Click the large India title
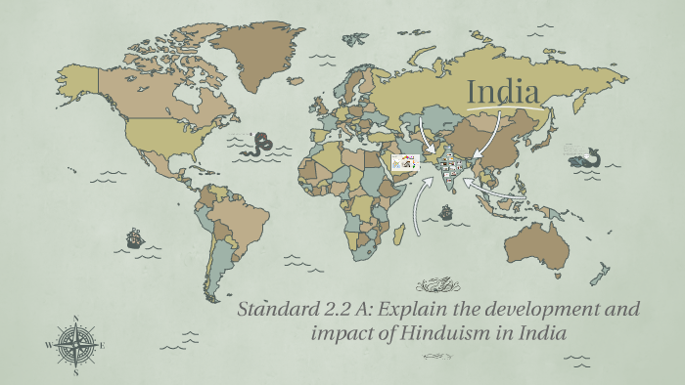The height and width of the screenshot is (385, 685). click(504, 92)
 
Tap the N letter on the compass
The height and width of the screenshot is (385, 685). click(76, 318)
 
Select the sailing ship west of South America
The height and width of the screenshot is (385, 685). click(135, 237)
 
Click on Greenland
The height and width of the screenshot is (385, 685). click(259, 49)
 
